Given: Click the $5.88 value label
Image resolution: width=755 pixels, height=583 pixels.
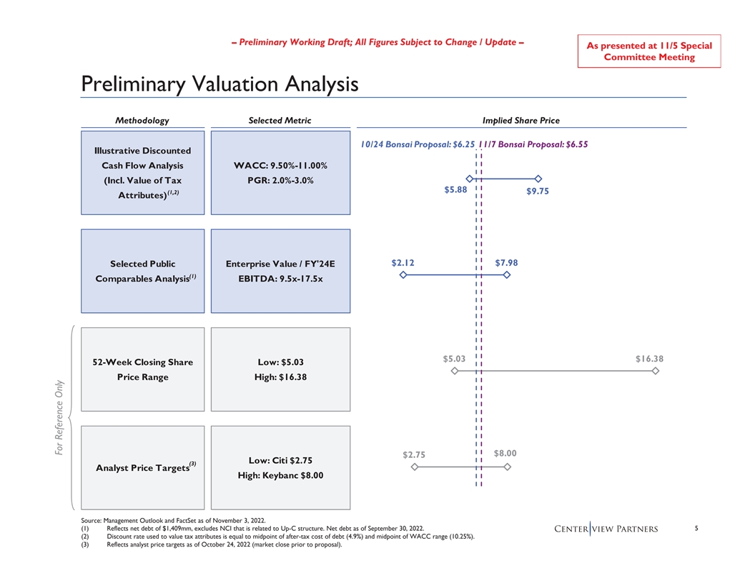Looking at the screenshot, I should pyautogui.click(x=455, y=190).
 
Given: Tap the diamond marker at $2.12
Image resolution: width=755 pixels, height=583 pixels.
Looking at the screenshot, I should pyautogui.click(x=403, y=275).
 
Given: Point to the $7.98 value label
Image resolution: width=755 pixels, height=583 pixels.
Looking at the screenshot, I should pyautogui.click(x=506, y=263).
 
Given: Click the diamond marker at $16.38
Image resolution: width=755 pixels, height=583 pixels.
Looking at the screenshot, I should pyautogui.click(x=655, y=371).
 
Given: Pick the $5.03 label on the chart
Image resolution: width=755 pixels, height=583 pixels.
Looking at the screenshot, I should pyautogui.click(x=454, y=359).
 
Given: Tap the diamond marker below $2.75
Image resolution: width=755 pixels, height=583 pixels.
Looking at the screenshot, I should pyautogui.click(x=414, y=467).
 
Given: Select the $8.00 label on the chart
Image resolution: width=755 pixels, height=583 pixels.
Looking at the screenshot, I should pyautogui.click(x=505, y=453).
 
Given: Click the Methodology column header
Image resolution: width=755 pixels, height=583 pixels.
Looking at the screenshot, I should pyautogui.click(x=142, y=121).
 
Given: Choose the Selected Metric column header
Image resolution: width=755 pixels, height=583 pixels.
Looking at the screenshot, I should pyautogui.click(x=280, y=121).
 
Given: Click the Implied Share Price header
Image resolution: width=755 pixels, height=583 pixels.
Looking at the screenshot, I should pyautogui.click(x=520, y=121).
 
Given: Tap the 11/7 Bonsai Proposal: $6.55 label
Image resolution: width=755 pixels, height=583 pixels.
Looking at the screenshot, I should pyautogui.click(x=536, y=144).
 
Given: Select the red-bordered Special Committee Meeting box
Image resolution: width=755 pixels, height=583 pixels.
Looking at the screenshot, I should pyautogui.click(x=648, y=51).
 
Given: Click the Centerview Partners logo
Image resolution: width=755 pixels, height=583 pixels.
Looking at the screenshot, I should pyautogui.click(x=606, y=529).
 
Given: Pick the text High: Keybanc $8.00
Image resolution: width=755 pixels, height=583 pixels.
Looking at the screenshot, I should pyautogui.click(x=280, y=476).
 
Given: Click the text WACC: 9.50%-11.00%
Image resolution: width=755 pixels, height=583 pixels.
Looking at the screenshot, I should pyautogui.click(x=280, y=166).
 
